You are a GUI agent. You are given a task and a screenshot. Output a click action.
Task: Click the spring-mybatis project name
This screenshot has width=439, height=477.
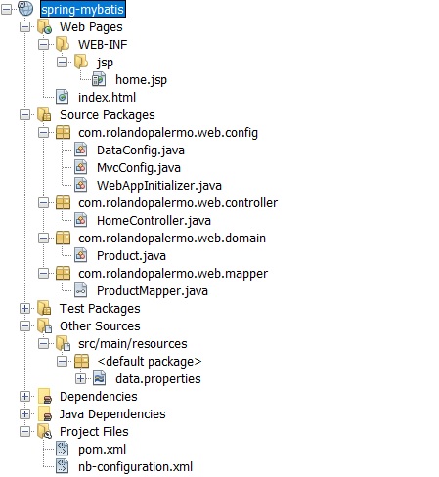click(x=83, y=9)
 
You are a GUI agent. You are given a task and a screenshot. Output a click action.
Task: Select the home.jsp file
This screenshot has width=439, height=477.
click(x=141, y=80)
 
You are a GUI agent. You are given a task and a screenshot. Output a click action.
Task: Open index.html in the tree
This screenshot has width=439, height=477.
click(x=107, y=97)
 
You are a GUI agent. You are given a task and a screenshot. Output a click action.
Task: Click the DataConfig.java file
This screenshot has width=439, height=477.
click(x=141, y=151)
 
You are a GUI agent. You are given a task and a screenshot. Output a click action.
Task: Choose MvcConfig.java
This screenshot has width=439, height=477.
click(x=139, y=168)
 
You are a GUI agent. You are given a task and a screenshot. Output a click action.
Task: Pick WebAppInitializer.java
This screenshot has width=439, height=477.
click(x=159, y=186)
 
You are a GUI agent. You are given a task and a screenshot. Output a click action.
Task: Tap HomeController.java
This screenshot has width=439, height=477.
click(x=154, y=221)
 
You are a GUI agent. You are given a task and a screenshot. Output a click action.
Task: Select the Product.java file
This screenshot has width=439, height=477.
click(x=131, y=256)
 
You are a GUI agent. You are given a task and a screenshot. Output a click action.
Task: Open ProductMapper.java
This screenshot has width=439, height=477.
click(x=153, y=291)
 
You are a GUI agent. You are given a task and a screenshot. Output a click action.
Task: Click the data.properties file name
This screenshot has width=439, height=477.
click(x=158, y=379)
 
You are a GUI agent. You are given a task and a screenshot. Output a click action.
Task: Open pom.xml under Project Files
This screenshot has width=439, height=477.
click(x=102, y=450)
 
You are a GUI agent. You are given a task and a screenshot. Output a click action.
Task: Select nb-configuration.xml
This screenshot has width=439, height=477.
click(x=135, y=467)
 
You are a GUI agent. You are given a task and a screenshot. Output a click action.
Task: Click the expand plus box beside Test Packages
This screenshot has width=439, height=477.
click(x=24, y=308)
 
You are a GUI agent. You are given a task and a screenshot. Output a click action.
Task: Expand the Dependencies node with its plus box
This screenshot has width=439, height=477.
click(x=24, y=396)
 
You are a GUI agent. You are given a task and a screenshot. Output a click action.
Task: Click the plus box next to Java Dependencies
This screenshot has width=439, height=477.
click(x=24, y=413)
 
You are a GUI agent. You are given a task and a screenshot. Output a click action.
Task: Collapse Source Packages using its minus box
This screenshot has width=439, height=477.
click(x=24, y=114)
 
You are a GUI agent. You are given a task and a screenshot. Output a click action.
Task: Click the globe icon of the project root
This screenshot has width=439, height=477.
click(x=25, y=9)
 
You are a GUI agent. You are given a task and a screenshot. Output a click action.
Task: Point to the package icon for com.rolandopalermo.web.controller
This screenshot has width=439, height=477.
click(x=63, y=203)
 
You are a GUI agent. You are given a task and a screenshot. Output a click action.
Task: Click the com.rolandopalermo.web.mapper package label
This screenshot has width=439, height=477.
click(x=173, y=274)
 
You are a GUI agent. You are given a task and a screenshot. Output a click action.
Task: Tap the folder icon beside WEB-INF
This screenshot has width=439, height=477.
click(x=63, y=44)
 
